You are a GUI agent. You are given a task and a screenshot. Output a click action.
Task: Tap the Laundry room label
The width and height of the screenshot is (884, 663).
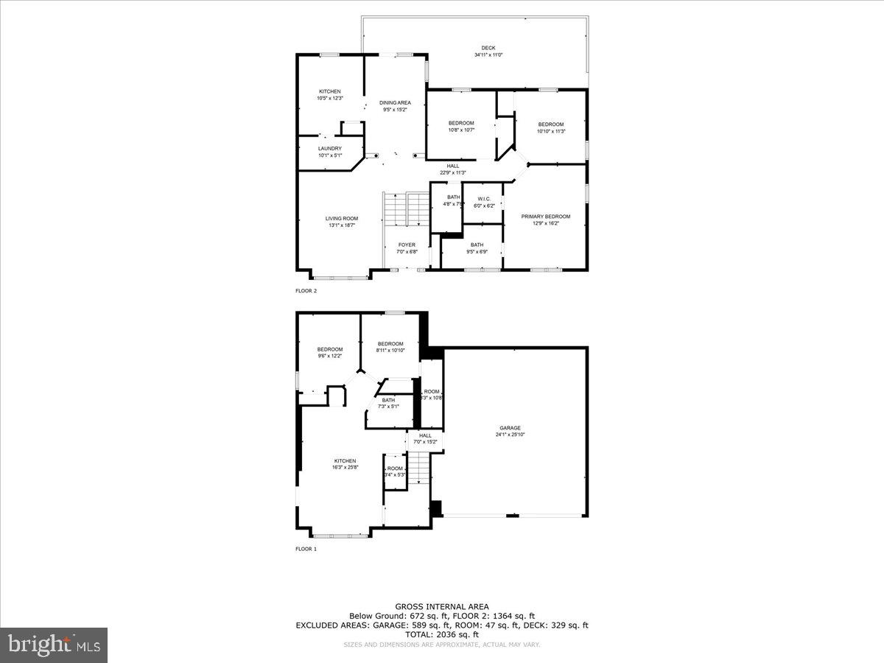click(x=329, y=148)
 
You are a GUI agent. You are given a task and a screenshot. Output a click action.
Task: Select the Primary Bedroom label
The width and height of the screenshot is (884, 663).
click(x=545, y=217)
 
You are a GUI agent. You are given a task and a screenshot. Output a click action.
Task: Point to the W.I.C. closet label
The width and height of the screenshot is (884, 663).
click(x=483, y=199)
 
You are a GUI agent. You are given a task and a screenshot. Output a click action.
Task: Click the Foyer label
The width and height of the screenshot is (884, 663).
click(x=407, y=245)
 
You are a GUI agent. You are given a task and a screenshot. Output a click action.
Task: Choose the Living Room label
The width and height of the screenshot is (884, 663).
click(x=342, y=218)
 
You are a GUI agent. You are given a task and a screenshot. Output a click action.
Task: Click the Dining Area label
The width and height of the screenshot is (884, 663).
click(x=395, y=102)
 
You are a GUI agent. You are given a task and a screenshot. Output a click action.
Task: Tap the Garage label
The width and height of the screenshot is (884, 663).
click(x=510, y=428)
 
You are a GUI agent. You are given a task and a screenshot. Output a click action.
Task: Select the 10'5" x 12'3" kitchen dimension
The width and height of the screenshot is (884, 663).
click(x=329, y=98)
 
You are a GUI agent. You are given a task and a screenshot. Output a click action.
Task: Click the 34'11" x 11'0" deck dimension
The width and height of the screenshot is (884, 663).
click(x=488, y=55)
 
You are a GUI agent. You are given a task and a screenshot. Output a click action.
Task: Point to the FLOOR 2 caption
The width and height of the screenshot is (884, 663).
click(x=306, y=291)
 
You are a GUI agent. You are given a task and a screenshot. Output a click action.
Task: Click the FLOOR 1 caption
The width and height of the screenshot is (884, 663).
click(x=306, y=549)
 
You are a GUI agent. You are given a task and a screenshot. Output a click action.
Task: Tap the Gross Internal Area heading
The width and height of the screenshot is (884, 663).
click(x=441, y=606)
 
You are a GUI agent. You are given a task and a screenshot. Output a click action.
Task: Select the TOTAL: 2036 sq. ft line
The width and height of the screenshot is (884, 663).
click(x=441, y=634)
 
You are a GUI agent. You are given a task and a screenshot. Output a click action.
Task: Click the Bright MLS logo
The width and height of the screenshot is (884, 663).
click(x=54, y=645)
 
